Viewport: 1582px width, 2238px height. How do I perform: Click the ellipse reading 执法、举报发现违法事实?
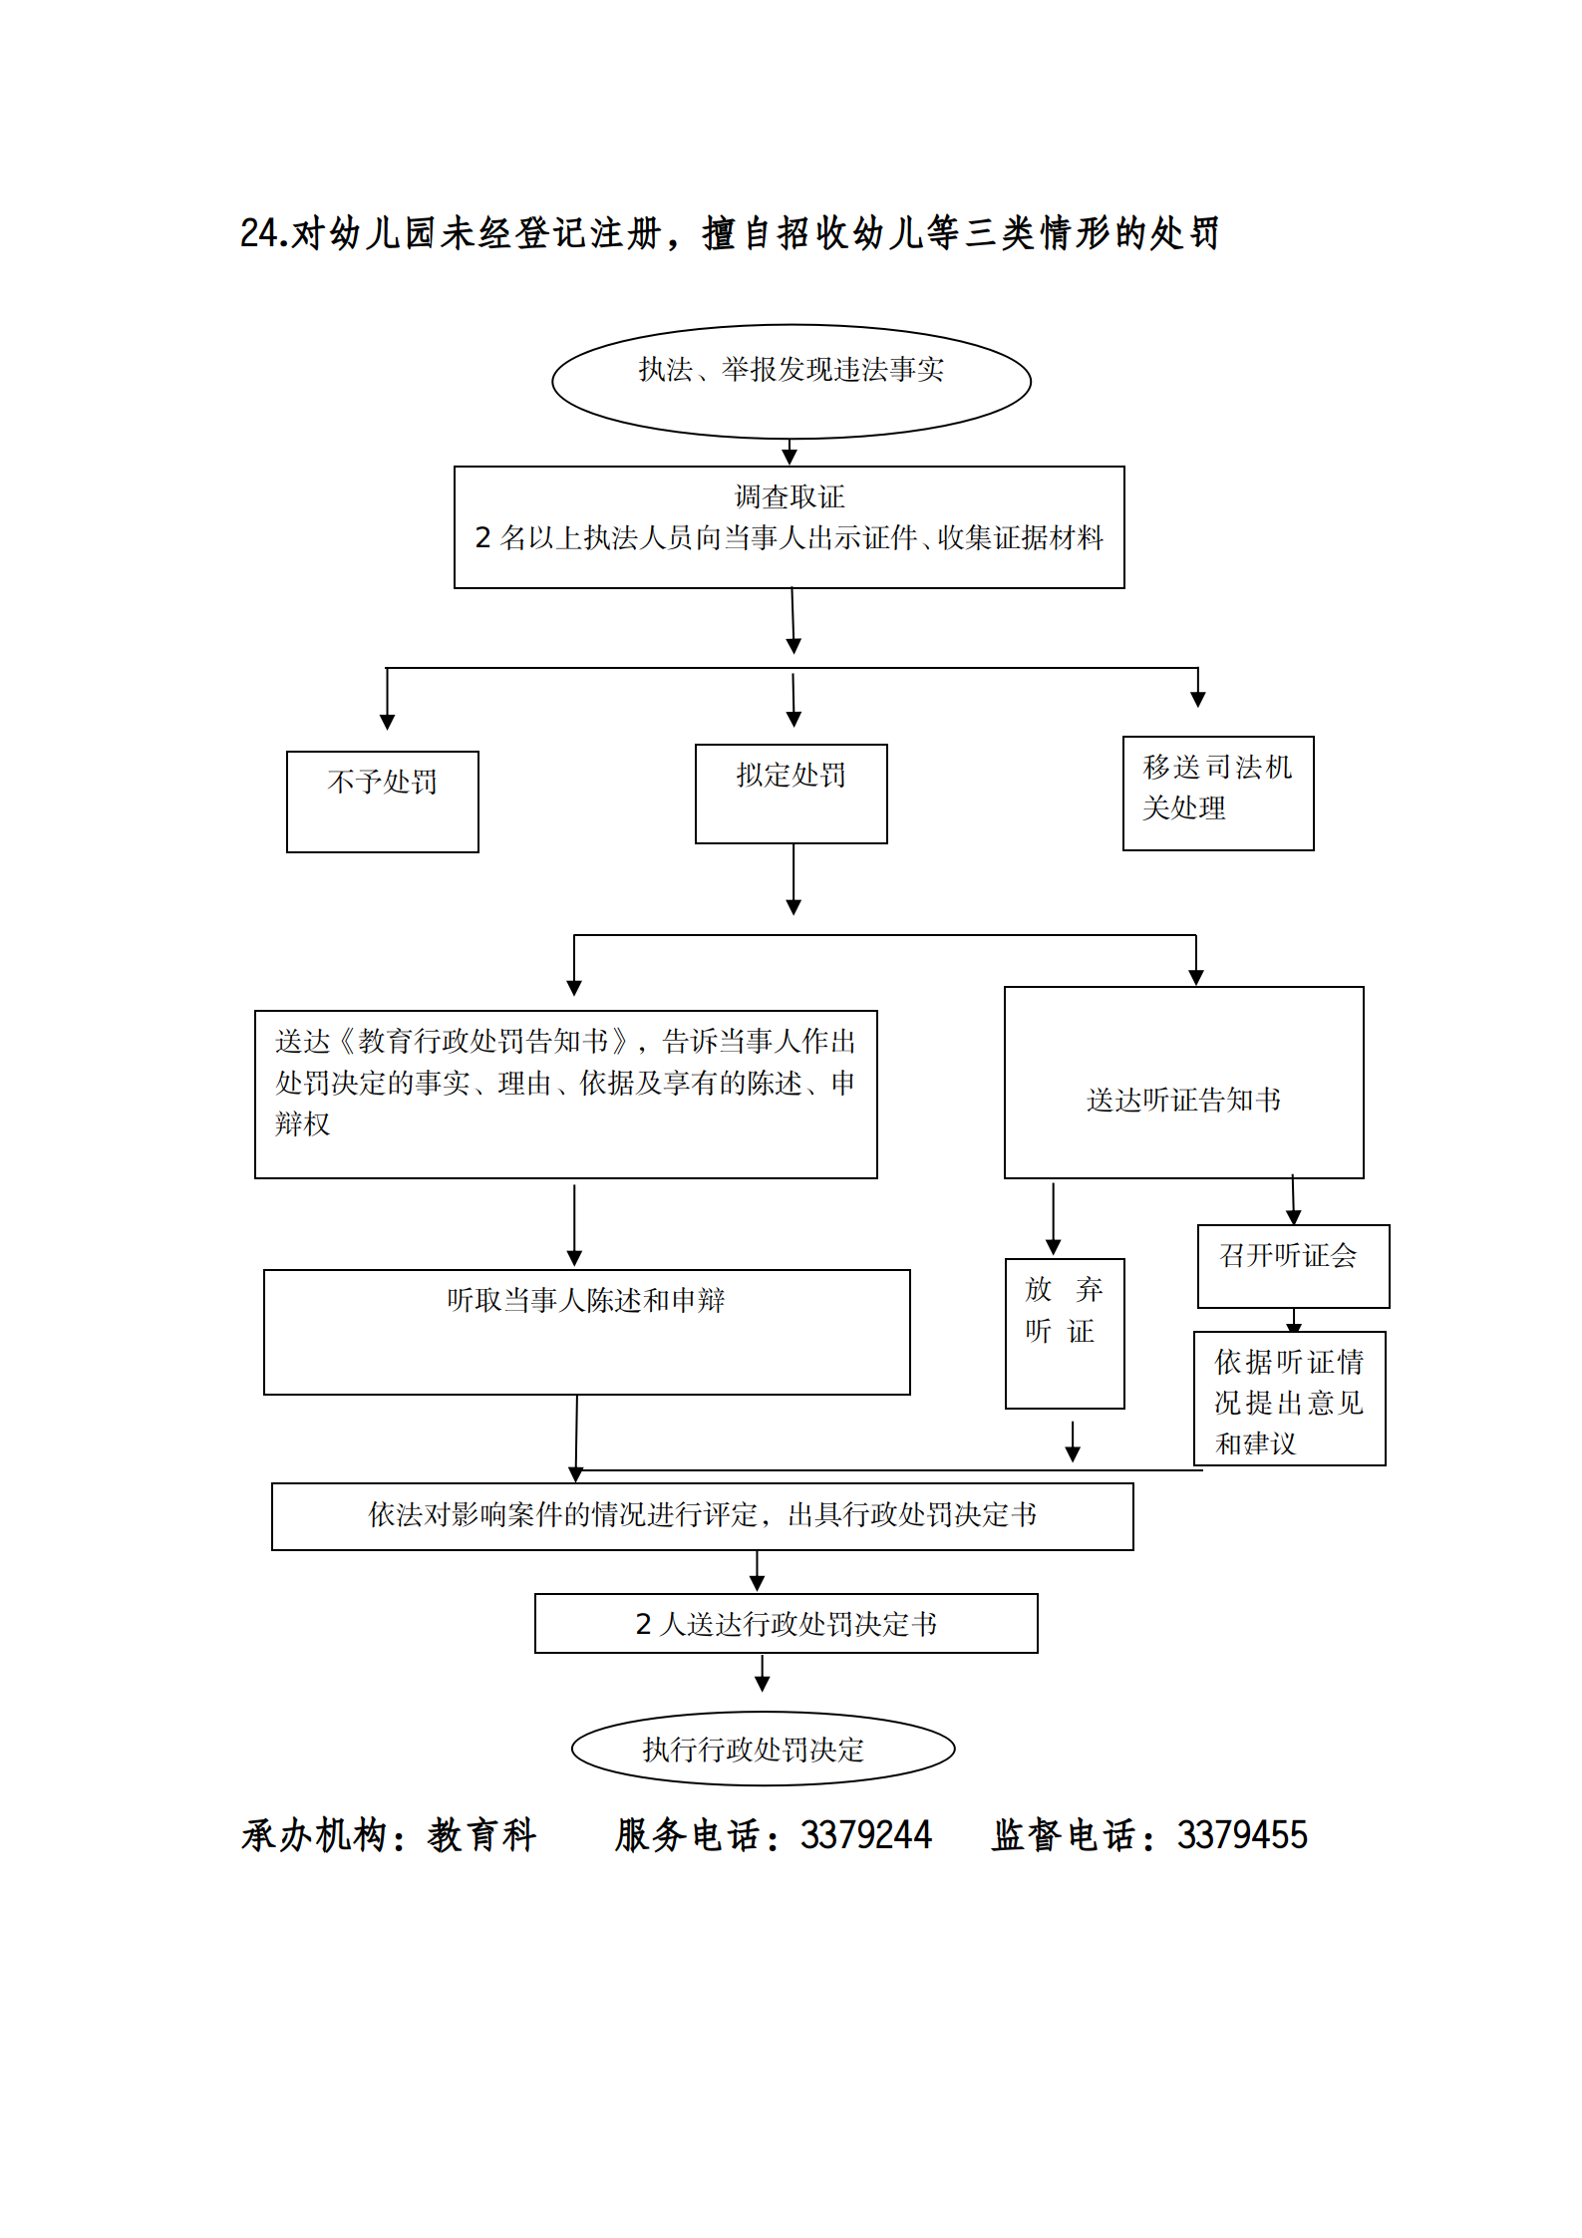(791, 381)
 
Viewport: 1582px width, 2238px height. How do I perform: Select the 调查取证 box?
(789, 526)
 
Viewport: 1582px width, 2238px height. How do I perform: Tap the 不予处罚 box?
(382, 801)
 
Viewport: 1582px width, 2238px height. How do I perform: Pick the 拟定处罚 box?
(791, 794)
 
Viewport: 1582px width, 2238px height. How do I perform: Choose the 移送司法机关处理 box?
(1217, 794)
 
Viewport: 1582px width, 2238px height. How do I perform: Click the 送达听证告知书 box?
(1183, 1083)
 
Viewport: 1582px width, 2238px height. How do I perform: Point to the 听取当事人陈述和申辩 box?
(586, 1331)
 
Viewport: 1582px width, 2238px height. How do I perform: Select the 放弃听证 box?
(1064, 1333)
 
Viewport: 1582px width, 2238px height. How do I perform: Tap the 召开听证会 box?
(1293, 1265)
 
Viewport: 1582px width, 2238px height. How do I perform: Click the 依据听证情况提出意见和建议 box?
(1289, 1399)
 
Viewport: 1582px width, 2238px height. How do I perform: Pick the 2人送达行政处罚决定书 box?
(786, 1623)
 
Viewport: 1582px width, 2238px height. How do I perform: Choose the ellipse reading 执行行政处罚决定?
(763, 1749)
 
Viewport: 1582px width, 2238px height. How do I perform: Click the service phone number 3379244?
(865, 1835)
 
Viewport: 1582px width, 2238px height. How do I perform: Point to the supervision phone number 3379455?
(1242, 1835)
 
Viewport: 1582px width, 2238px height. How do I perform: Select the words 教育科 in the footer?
(482, 1835)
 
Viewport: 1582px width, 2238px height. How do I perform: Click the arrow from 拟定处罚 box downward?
(793, 879)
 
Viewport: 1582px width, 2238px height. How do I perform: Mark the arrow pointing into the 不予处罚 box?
(388, 701)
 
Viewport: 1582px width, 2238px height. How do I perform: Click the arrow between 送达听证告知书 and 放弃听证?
(1053, 1218)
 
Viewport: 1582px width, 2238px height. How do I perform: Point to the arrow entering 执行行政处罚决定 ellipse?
(763, 1673)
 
